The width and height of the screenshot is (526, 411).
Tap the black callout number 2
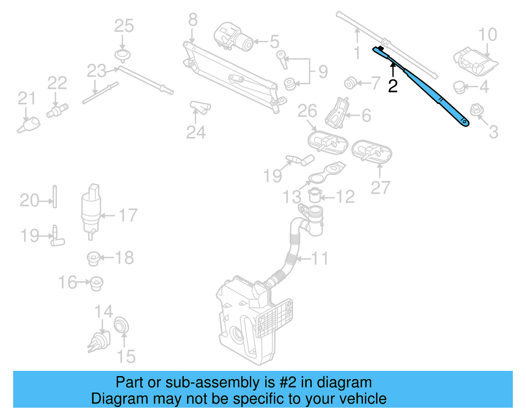[393, 86]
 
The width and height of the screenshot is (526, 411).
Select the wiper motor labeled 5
[233, 37]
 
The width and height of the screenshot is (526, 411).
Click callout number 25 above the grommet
[124, 26]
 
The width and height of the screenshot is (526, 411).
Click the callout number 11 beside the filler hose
[320, 259]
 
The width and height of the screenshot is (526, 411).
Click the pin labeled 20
[55, 197]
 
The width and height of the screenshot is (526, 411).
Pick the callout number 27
[380, 188]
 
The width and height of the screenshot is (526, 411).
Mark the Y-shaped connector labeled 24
[200, 108]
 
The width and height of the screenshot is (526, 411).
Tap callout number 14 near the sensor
[104, 312]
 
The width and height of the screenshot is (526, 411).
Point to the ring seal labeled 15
[121, 325]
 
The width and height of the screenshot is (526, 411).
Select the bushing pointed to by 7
[350, 83]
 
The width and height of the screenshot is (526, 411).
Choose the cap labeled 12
[315, 196]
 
